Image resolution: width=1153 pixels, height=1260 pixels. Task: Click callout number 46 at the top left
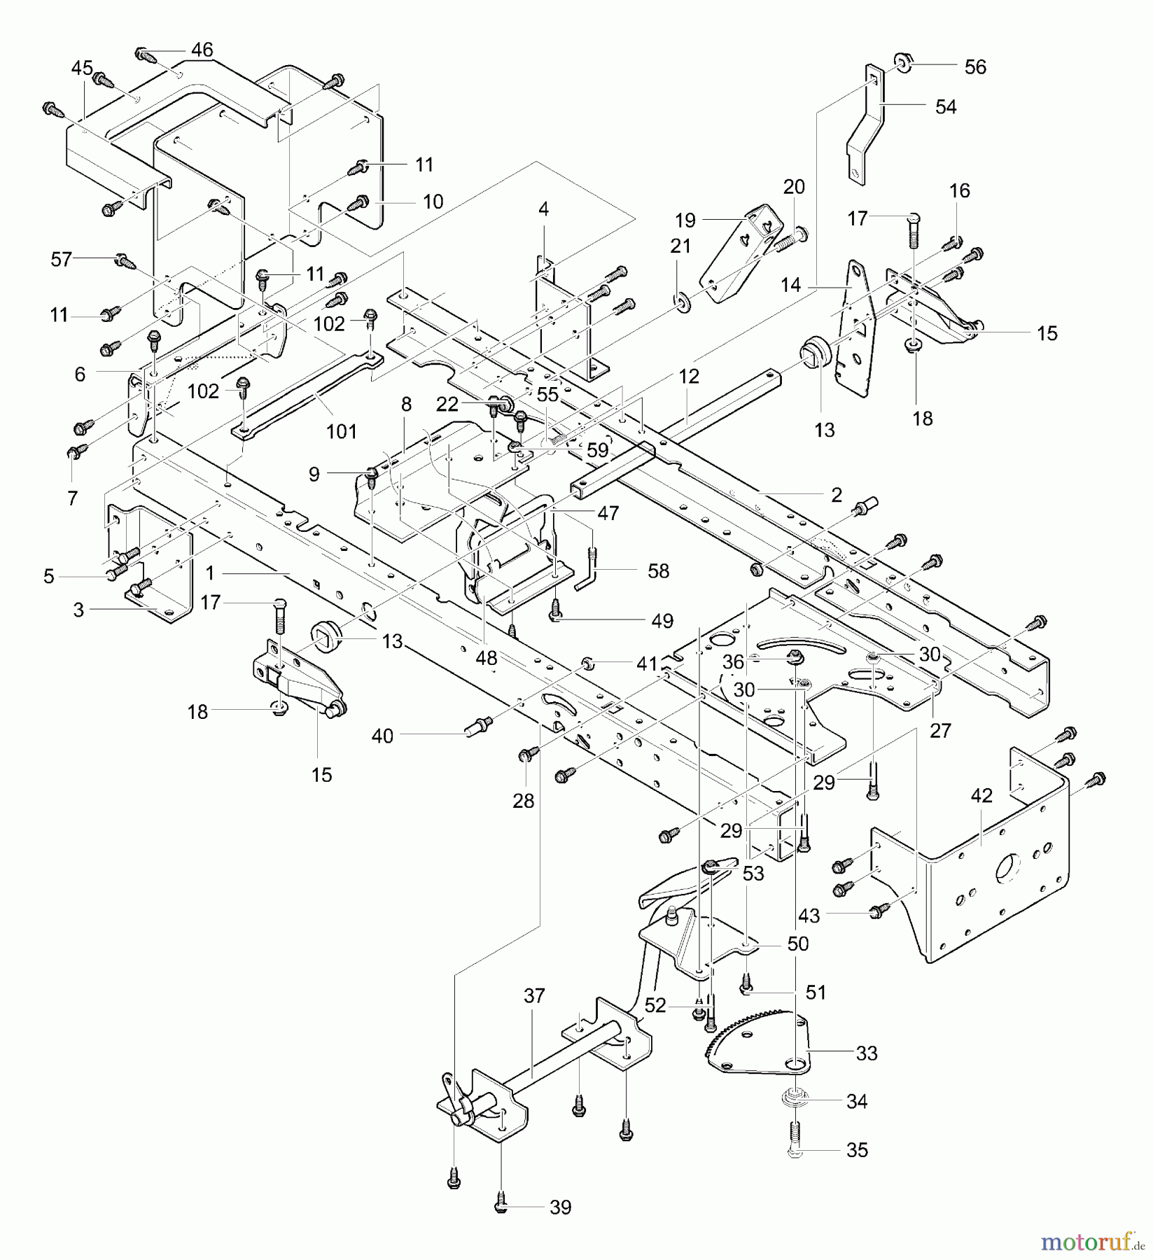202,50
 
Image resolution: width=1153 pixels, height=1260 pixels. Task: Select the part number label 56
975,67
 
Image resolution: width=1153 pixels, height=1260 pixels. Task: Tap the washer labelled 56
903,64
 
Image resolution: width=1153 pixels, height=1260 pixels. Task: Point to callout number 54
946,107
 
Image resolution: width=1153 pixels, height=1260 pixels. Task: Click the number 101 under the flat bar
342,431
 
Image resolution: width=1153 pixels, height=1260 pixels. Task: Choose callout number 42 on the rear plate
981,796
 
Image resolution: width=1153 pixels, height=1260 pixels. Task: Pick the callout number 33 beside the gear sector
867,1053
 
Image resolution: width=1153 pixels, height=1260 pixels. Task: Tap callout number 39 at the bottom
560,1207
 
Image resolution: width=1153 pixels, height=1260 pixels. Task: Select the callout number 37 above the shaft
534,995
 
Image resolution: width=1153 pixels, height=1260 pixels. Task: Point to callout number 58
658,571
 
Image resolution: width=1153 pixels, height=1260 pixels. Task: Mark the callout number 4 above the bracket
544,209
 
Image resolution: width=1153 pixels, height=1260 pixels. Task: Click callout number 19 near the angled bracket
685,220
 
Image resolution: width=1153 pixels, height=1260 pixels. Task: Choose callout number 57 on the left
62,260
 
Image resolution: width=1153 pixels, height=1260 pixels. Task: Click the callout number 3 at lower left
78,610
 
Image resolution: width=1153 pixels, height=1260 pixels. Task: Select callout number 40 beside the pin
382,736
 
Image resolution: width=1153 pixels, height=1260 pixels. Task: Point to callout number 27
940,730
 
